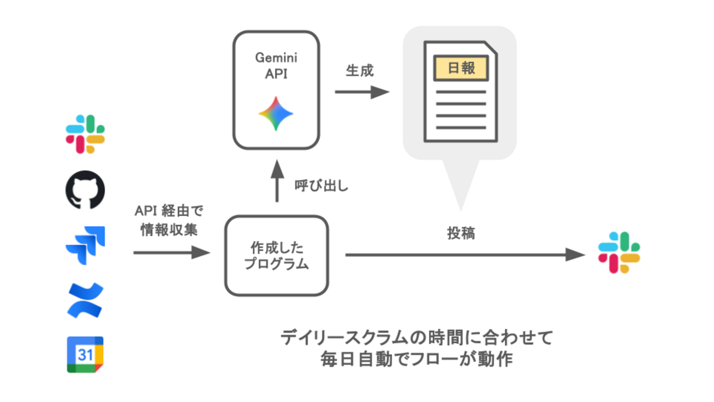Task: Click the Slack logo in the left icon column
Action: (x=85, y=134)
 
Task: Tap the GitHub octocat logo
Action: (x=85, y=190)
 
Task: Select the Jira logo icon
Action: (x=85, y=245)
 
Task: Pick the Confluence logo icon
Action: (x=85, y=300)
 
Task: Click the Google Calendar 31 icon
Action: (x=85, y=355)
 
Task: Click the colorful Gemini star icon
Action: (x=276, y=114)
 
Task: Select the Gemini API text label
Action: (x=276, y=66)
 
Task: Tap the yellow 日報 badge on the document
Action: (x=461, y=68)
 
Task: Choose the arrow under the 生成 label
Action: (x=362, y=92)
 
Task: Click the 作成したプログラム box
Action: (x=276, y=256)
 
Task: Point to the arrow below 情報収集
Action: (x=171, y=252)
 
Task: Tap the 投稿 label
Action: (x=460, y=233)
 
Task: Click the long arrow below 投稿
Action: (x=465, y=255)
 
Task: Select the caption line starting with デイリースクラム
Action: (x=416, y=338)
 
